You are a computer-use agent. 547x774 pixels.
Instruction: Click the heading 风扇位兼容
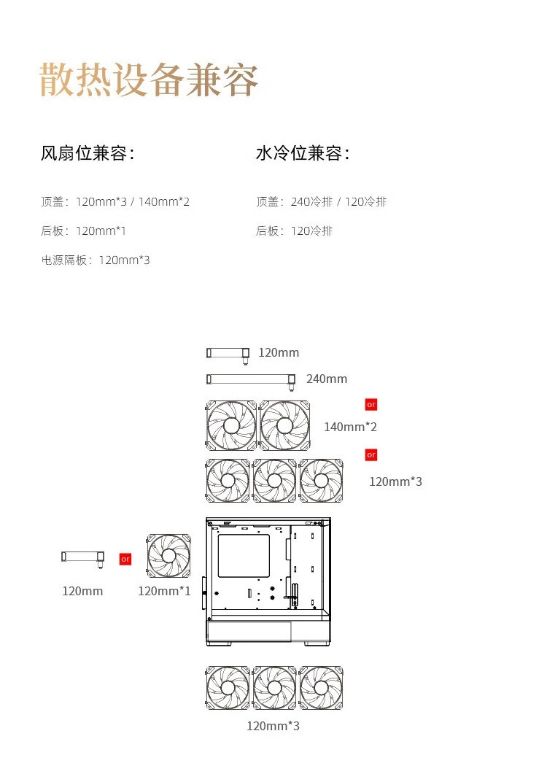tap(87, 154)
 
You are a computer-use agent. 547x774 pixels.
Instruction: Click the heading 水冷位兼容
tap(302, 154)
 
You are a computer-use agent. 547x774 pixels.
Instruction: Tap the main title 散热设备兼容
tap(149, 80)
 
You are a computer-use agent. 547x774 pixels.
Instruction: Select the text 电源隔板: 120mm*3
tap(96, 260)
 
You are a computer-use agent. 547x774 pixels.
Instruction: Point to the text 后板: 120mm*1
tap(83, 231)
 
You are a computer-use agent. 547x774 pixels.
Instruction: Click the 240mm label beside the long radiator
tap(327, 379)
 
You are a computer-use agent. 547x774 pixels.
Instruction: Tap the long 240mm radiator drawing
tap(251, 379)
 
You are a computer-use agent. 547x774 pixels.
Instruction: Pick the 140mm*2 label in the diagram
tap(350, 427)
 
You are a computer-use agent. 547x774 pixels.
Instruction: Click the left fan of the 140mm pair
tap(231, 425)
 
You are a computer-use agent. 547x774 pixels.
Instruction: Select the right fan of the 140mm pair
tap(284, 425)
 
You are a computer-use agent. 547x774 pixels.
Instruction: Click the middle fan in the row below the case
tap(274, 688)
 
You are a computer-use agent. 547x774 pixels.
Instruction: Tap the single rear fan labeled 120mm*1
tap(168, 556)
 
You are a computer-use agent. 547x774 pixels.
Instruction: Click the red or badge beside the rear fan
tap(125, 559)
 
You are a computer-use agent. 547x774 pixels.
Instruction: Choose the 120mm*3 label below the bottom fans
tap(273, 726)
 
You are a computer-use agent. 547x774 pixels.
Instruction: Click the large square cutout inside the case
tap(244, 556)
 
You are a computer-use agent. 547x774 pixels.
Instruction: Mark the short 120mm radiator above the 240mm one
tap(228, 353)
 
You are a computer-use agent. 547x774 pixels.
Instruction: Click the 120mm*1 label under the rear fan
tap(164, 591)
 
